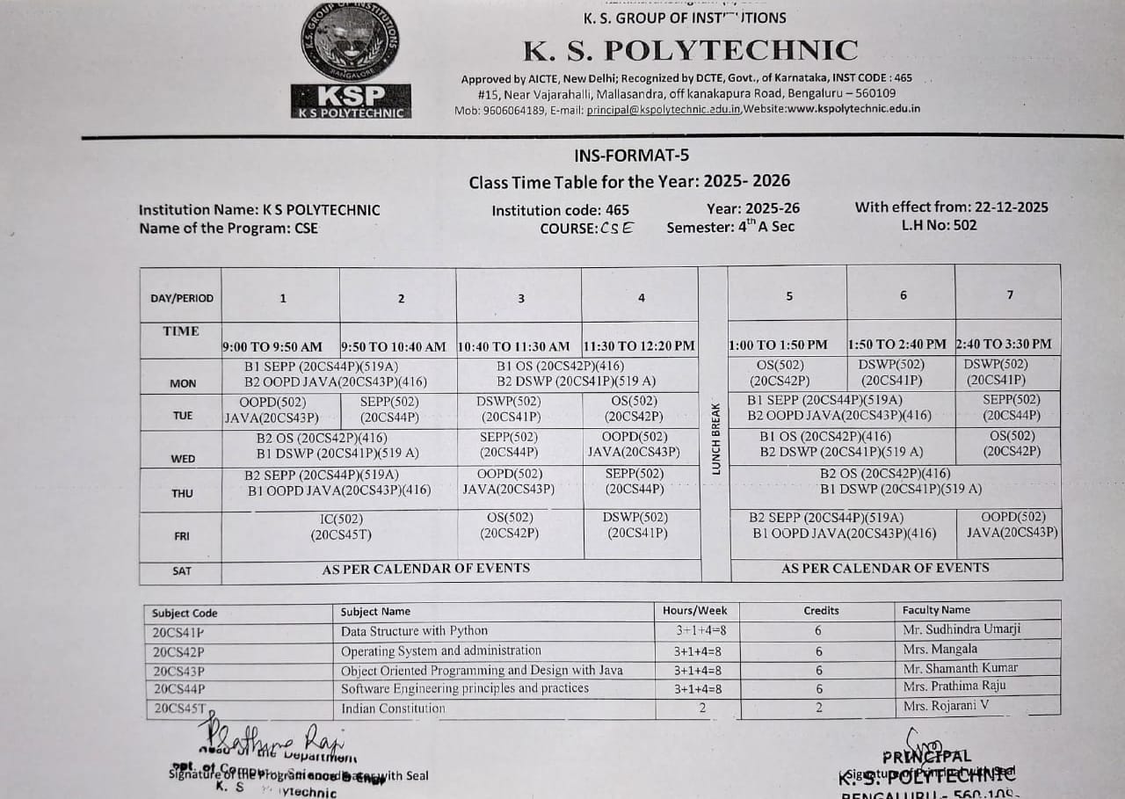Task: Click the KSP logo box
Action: click(351, 101)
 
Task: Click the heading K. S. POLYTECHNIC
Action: click(691, 50)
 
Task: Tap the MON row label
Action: click(183, 383)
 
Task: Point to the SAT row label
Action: click(181, 570)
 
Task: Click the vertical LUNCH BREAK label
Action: click(715, 439)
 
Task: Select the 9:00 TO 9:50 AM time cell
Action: click(272, 347)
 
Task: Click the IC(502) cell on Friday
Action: click(341, 526)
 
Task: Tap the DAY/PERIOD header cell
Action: click(182, 298)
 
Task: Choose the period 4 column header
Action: click(641, 298)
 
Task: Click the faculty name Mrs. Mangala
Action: click(940, 650)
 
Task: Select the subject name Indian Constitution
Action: click(393, 708)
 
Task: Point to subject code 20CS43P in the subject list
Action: click(178, 671)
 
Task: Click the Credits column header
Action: click(821, 610)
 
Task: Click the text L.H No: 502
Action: click(939, 225)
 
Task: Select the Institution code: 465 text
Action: click(560, 210)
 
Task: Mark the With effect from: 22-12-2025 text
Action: click(951, 207)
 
